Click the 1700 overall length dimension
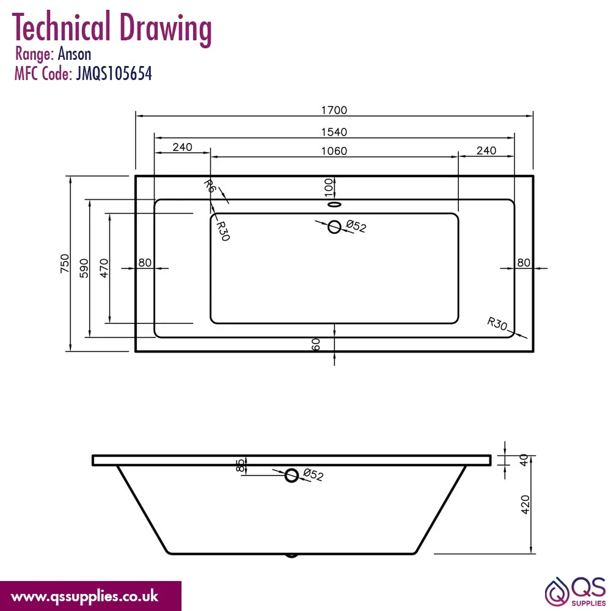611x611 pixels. tap(334, 110)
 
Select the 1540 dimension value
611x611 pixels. tap(334, 132)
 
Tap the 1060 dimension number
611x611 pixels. tap(334, 151)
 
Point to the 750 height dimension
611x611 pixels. tap(65, 263)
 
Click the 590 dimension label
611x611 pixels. tap(84, 268)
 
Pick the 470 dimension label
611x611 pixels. tap(104, 268)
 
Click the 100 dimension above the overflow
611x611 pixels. tap(329, 188)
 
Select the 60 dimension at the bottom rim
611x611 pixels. tap(316, 345)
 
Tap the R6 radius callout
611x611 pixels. tap(210, 186)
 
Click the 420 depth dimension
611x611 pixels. tap(525, 505)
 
